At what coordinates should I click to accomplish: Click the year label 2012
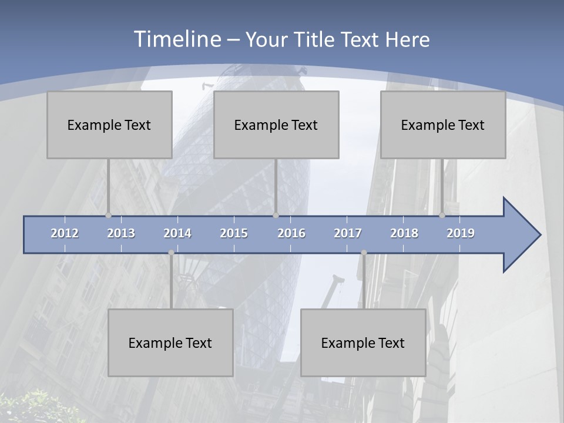click(65, 233)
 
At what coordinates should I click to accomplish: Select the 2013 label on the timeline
click(121, 233)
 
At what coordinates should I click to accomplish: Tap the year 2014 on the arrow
click(177, 233)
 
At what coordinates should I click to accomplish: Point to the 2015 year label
click(234, 233)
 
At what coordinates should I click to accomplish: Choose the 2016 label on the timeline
click(291, 233)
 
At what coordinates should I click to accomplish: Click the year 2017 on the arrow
click(348, 233)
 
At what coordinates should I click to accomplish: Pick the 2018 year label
click(404, 233)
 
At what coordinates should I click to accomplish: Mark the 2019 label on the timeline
click(461, 233)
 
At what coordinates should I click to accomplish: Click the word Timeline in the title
click(176, 39)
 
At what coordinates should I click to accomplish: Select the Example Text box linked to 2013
click(109, 125)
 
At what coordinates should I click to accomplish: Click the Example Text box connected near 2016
click(276, 125)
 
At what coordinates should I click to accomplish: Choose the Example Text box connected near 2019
click(443, 125)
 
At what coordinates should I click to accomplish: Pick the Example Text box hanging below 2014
click(170, 343)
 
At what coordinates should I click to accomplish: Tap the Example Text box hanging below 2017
click(363, 343)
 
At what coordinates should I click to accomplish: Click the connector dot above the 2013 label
click(109, 216)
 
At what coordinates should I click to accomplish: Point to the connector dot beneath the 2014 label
click(171, 253)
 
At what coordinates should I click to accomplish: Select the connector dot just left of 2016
click(276, 216)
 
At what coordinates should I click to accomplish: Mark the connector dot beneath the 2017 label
click(364, 253)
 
